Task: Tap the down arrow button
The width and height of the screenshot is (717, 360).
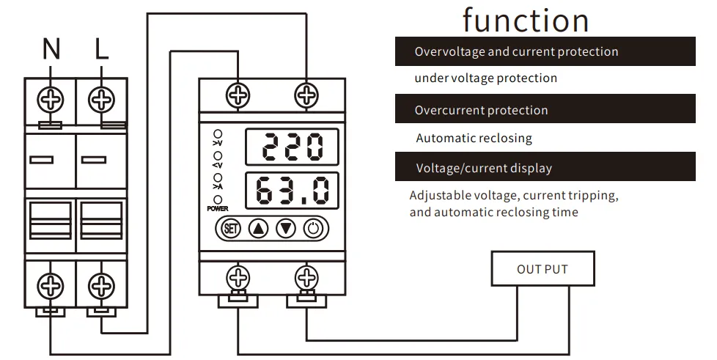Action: coord(286,228)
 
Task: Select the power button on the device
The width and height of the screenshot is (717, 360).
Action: coord(314,228)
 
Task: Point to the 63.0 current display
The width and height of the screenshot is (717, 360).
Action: coord(292,191)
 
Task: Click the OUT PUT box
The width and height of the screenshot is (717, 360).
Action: coord(543,269)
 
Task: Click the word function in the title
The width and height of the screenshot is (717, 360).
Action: coord(526,20)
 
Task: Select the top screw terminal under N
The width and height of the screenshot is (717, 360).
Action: coord(51,98)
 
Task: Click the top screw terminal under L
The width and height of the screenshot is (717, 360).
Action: coord(101,98)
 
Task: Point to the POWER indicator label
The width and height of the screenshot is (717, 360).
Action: coord(218,209)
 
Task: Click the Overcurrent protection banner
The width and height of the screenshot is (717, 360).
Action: coord(544,110)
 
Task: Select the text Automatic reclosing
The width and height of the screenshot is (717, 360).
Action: coord(474,138)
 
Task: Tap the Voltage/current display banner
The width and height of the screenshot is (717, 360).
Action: coord(544,168)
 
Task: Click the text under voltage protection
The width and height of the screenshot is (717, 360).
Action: coord(485,78)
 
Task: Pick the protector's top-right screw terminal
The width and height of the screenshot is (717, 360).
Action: coord(306,95)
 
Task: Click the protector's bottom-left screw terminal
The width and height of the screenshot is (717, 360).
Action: coord(238,277)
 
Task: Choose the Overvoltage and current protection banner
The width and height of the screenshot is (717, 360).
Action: coord(544,51)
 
